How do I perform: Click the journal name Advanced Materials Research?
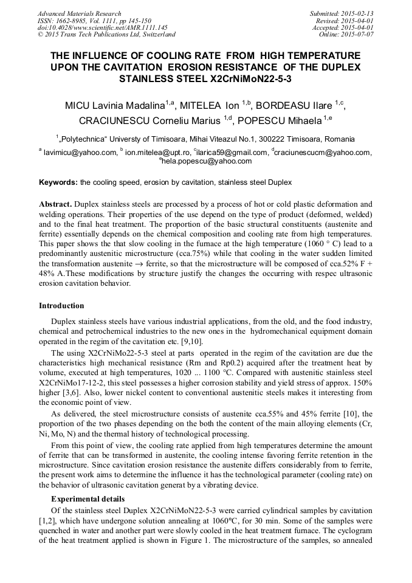[79, 13]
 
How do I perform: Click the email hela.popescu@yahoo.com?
[207, 161]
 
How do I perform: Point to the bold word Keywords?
[58, 182]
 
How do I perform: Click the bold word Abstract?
[56, 204]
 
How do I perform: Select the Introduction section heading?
[61, 306]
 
